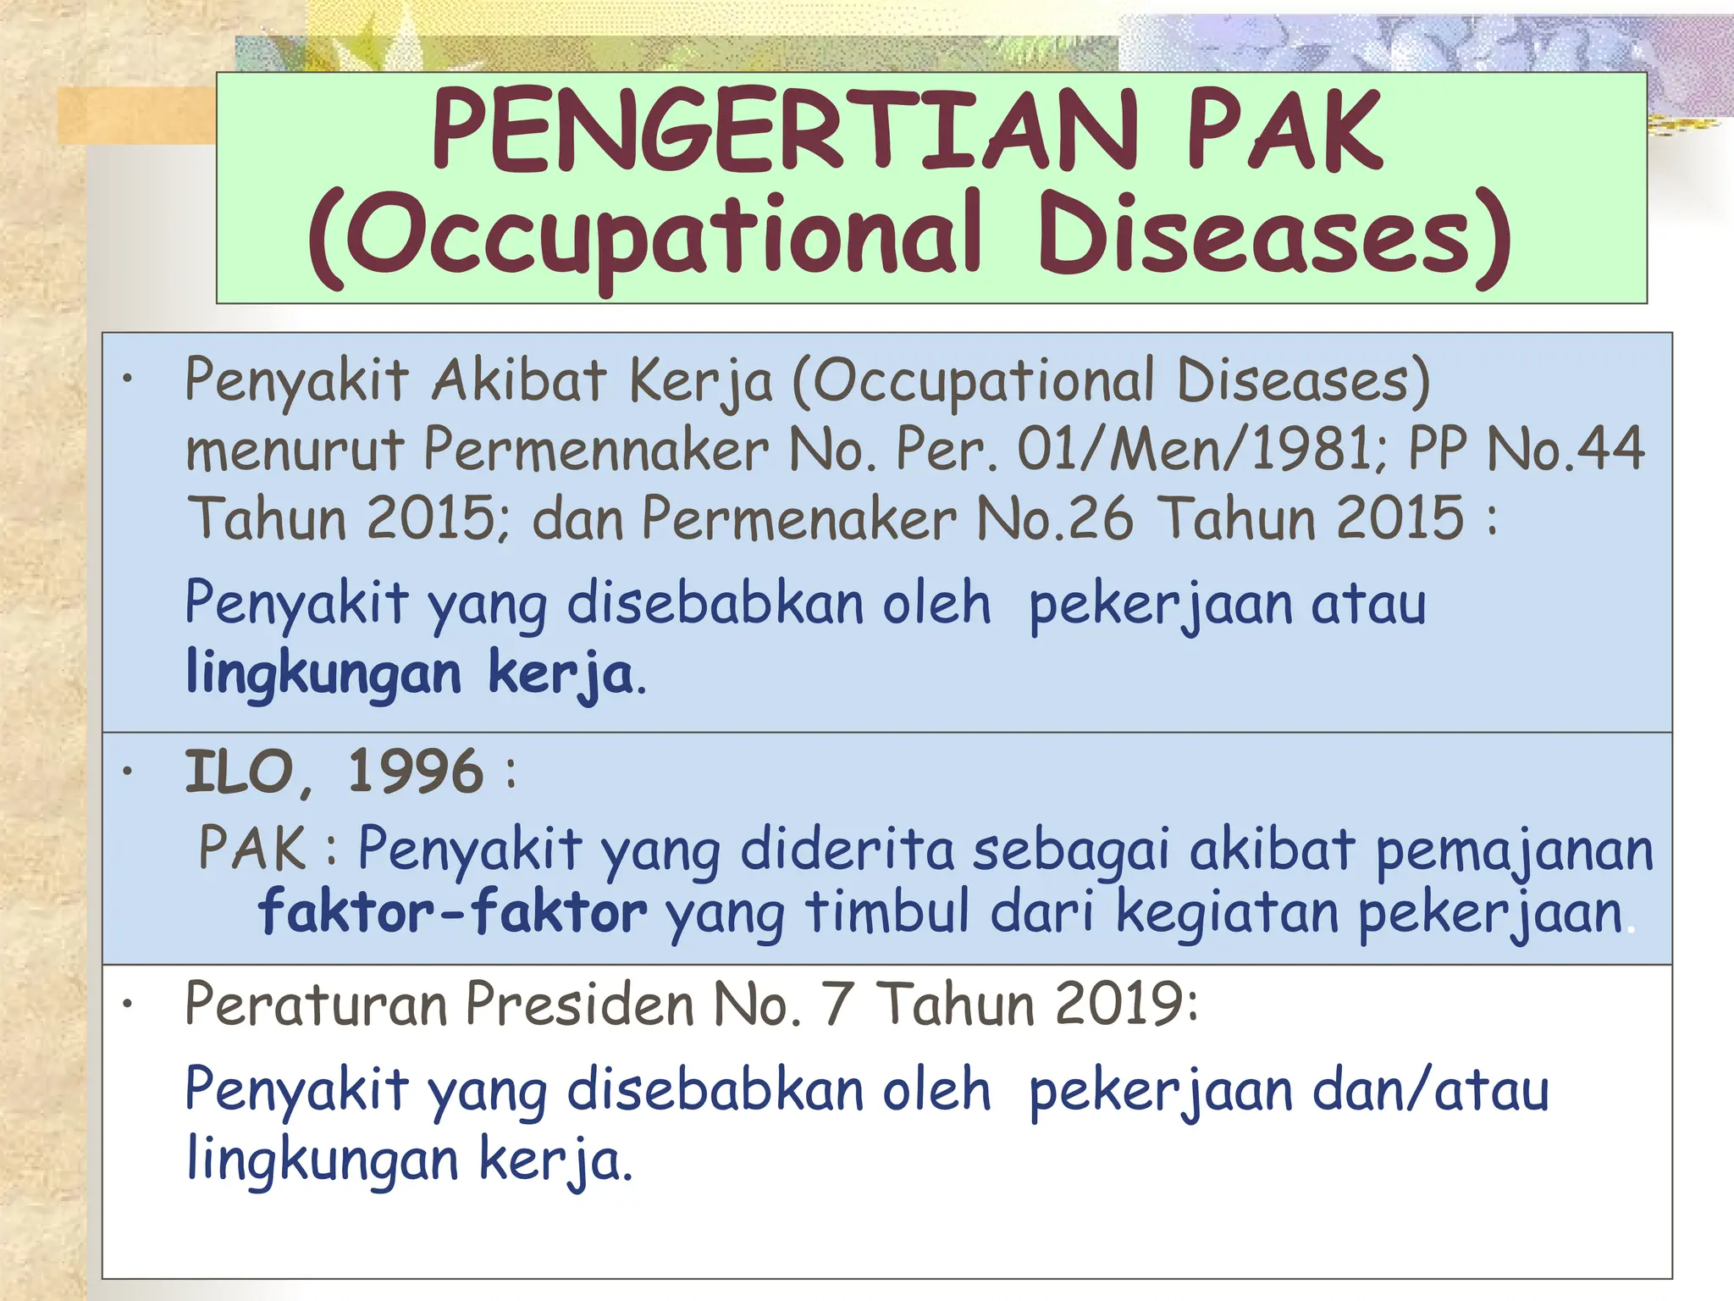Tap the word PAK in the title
[x=1284, y=131]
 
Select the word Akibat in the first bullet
[x=518, y=380]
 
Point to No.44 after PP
[x=1566, y=449]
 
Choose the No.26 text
[x=1054, y=518]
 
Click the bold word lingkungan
[x=323, y=674]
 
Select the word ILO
[x=240, y=772]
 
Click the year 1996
[x=416, y=772]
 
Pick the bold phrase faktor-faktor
[x=453, y=913]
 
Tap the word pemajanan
[x=1514, y=850]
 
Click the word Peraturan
[x=317, y=1005]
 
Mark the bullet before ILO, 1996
[x=128, y=771]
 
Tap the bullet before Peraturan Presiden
[x=128, y=1004]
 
